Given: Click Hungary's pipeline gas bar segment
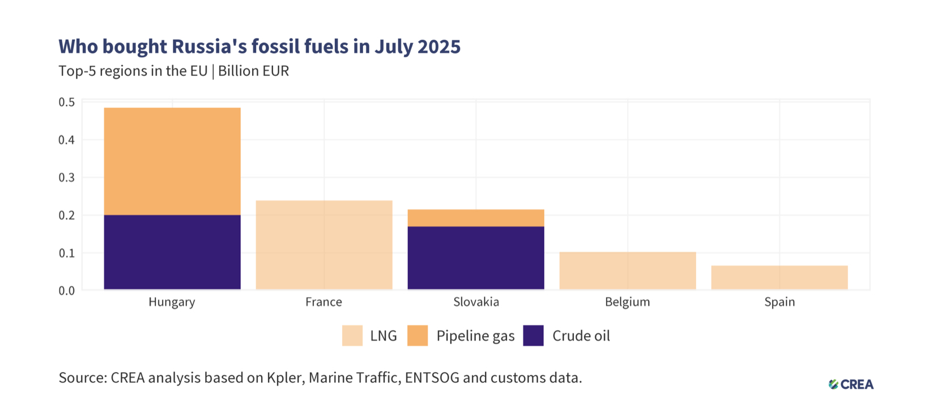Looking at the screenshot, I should click(x=172, y=162).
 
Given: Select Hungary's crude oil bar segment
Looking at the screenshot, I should click(x=172, y=252).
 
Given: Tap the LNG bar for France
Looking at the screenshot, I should click(x=324, y=245).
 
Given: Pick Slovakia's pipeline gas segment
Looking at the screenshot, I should click(x=476, y=218).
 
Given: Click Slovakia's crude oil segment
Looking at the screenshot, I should click(x=476, y=258).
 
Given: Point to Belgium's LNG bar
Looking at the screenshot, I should click(x=628, y=271).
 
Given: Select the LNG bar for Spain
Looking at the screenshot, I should click(x=779, y=278).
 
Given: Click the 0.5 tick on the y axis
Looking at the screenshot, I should click(x=67, y=103).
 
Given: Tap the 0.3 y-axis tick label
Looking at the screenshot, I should click(x=67, y=178).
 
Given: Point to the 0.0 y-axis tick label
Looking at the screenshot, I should click(x=67, y=291).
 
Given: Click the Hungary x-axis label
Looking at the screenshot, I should click(x=172, y=302).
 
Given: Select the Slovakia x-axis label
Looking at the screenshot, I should click(x=476, y=302).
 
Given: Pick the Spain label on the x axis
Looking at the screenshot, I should click(x=779, y=302).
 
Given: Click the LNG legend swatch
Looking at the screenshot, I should click(x=352, y=336).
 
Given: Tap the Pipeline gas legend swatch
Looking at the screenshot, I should click(x=417, y=336).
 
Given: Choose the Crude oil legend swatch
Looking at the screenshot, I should click(x=533, y=336).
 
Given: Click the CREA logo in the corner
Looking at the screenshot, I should click(x=851, y=384).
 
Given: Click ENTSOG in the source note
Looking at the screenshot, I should click(x=432, y=378).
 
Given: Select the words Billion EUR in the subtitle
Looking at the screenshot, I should click(x=253, y=71).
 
